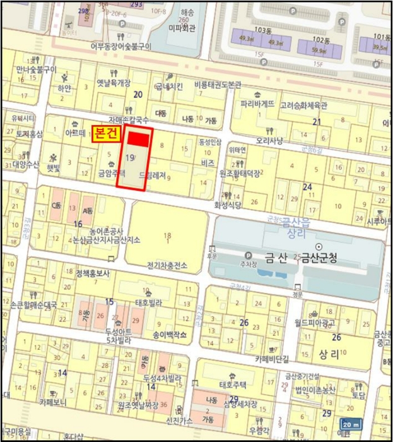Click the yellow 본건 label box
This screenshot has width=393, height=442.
click(x=107, y=133)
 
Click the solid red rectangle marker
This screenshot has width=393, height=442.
click(x=138, y=138)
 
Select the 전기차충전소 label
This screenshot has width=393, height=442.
click(x=167, y=266)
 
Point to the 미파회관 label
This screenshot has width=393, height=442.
click(x=183, y=28)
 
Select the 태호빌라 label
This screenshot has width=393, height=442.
click(x=149, y=301)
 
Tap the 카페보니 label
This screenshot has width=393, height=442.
click(x=53, y=401)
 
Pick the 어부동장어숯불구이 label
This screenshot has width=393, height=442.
click(x=120, y=46)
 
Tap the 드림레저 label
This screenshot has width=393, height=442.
click(x=152, y=178)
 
